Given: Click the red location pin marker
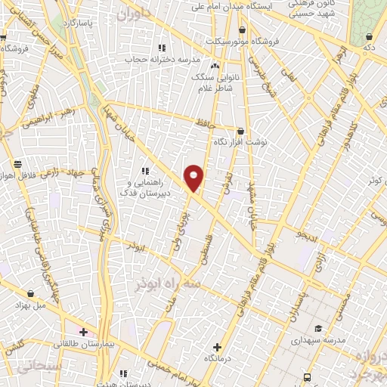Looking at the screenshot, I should pos(194,178).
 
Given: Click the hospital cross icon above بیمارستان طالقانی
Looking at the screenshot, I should pos(83,332).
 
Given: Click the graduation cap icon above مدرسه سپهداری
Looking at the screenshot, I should pos(319,328).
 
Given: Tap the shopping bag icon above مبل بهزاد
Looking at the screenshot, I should pos(30,293).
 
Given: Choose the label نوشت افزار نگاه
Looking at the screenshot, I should pos(241,141).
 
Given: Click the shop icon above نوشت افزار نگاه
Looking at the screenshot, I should pos(240,130).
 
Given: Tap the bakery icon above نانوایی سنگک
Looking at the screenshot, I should pos(215,66).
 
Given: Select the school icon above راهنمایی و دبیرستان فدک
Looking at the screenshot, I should pos(146,171).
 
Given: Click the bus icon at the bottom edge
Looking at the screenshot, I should pos(306,377).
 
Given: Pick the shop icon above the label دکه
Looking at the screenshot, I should pos(370,36).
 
